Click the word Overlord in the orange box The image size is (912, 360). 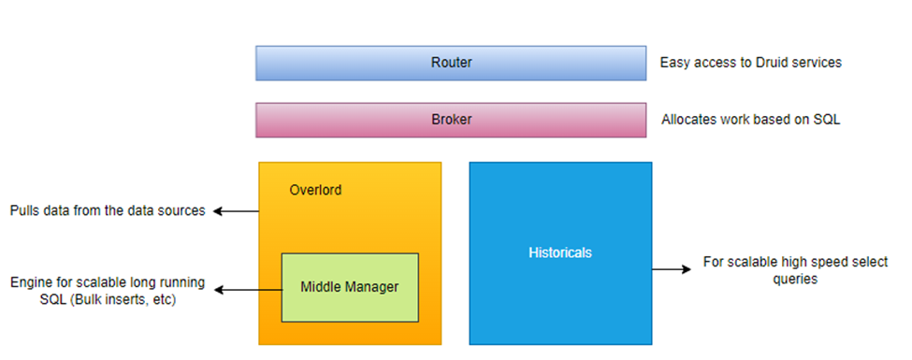(316, 190)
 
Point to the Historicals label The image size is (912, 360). (560, 252)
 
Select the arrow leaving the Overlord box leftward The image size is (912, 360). (237, 211)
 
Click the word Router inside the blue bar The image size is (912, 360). (451, 63)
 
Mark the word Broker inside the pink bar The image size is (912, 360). (451, 120)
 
